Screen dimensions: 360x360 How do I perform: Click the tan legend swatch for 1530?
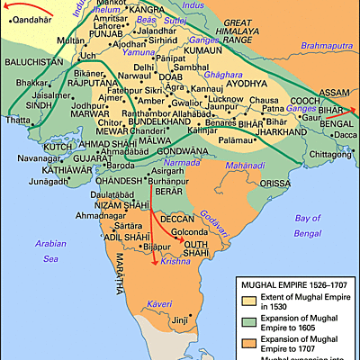(248, 303)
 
